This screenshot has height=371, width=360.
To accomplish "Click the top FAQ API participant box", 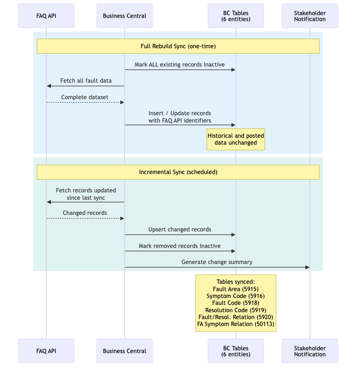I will point(46,16).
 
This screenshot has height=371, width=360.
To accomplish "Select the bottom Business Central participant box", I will point(124,351).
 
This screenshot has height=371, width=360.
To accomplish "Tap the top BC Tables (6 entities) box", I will point(236,16).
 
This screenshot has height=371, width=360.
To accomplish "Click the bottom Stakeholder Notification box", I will point(309,351).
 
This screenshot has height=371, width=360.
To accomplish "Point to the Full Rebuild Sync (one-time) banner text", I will point(178,46).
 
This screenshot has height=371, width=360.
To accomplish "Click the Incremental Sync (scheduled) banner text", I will point(178,172).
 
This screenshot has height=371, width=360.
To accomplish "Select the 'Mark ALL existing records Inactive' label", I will point(180,65).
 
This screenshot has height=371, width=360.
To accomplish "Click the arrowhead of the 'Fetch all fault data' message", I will point(49,86).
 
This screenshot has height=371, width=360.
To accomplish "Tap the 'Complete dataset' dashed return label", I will point(85,97).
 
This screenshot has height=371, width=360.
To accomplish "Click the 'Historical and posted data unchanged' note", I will point(236,139).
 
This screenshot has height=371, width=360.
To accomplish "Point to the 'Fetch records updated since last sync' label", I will point(86,194).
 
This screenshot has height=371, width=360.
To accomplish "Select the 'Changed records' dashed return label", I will point(85,213).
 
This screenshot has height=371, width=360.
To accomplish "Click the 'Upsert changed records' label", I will point(180,229).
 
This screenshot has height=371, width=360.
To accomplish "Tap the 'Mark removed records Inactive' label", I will point(180,246).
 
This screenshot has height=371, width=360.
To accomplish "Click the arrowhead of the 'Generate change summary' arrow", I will point(307,267).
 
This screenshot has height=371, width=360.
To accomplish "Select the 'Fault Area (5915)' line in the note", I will point(236,289).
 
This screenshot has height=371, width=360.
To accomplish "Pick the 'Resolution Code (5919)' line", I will point(236,310).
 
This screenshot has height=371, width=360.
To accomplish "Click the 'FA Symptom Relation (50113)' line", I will point(236,324).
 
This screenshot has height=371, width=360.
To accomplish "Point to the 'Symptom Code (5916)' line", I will point(236,296).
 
